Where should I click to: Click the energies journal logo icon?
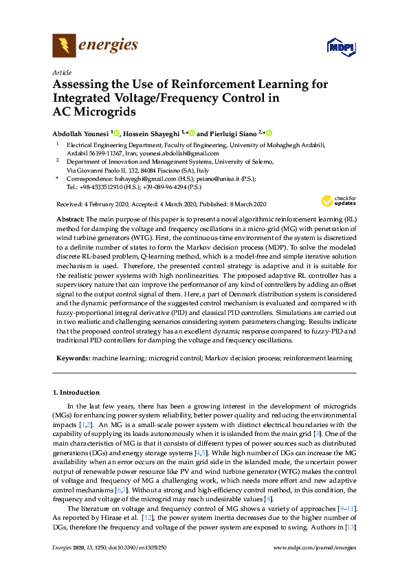64,45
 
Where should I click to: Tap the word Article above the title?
62,72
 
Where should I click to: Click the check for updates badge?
335,201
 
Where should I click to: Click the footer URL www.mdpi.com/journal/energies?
315,567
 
